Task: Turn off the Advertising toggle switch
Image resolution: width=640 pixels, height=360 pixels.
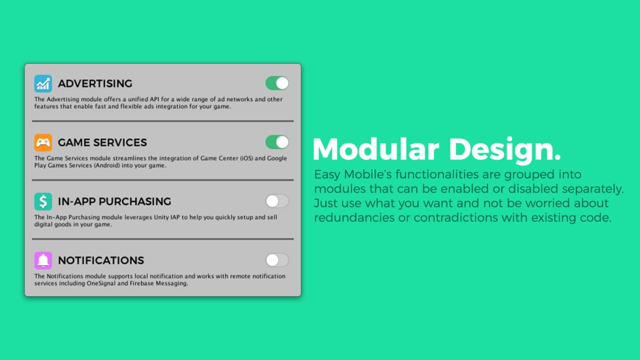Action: [x=277, y=83]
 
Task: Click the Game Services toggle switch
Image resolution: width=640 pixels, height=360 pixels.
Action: [x=277, y=142]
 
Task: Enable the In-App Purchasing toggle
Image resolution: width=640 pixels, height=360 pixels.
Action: [x=277, y=201]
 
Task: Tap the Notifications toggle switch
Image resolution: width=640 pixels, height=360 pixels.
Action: [x=277, y=260]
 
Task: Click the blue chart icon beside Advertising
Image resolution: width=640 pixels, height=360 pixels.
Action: [x=43, y=83]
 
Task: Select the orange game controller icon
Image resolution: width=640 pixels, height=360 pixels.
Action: [x=43, y=142]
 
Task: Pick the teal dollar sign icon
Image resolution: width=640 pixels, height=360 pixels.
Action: [x=43, y=202]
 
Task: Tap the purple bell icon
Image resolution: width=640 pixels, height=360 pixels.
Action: [x=43, y=260]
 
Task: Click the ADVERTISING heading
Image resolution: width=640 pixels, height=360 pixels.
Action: [x=95, y=83]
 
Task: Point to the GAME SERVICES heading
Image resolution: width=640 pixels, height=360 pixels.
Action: [x=102, y=142]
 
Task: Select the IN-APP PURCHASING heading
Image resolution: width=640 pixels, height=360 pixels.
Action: [x=115, y=202]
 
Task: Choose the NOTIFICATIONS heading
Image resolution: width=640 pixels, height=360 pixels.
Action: [x=101, y=260]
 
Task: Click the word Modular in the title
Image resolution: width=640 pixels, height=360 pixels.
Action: [x=375, y=149]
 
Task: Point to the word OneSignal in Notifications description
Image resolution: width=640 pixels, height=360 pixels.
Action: [x=101, y=283]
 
